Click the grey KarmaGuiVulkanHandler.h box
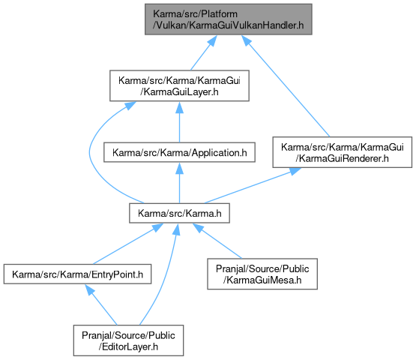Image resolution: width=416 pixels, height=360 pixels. (228, 19)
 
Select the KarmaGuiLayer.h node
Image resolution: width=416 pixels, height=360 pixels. (179, 85)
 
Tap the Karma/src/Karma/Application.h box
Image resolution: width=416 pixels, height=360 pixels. (179, 152)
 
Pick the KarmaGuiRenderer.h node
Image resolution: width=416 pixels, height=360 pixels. (343, 152)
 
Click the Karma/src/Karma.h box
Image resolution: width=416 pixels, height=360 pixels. (179, 213)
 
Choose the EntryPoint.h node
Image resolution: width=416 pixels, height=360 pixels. (77, 274)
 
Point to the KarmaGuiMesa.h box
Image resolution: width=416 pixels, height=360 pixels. (262, 274)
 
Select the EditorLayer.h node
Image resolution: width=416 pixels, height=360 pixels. (128, 340)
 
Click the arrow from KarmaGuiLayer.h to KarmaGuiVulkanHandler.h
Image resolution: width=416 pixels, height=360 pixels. (204, 52)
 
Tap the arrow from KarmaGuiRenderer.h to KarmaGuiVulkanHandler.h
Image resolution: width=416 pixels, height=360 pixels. (286, 85)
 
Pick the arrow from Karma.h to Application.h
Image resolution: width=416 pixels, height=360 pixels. (179, 183)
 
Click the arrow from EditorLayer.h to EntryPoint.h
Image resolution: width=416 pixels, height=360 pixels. (101, 304)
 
